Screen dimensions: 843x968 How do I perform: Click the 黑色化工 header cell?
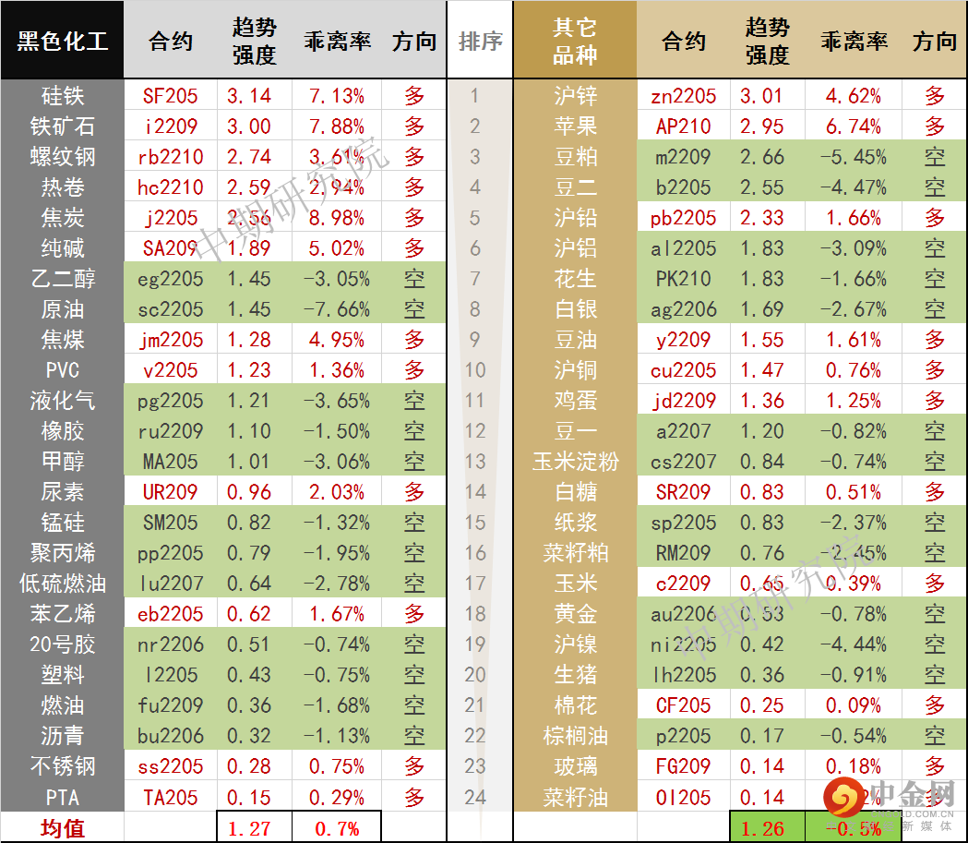click(x=62, y=41)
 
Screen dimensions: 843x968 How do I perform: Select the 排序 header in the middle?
click(x=480, y=41)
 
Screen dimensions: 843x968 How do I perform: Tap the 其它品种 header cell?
click(x=574, y=41)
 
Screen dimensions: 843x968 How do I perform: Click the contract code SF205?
click(x=171, y=95)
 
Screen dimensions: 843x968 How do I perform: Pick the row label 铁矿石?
click(x=62, y=126)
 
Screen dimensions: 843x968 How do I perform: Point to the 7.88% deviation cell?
click(x=337, y=126)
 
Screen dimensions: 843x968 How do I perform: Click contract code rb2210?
click(x=171, y=156)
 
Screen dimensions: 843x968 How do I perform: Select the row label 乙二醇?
click(x=62, y=278)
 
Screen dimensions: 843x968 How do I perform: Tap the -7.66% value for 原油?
click(x=337, y=308)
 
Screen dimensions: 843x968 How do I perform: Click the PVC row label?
click(x=62, y=369)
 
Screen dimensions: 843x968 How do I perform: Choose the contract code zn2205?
click(x=684, y=95)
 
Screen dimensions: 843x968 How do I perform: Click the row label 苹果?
click(x=575, y=126)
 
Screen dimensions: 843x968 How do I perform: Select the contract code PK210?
click(x=684, y=278)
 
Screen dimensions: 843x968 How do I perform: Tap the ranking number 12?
click(x=475, y=430)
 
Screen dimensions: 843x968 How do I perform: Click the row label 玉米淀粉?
click(x=575, y=461)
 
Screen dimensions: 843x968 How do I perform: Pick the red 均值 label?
click(x=62, y=827)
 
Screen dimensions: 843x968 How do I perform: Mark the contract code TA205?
click(x=171, y=796)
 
